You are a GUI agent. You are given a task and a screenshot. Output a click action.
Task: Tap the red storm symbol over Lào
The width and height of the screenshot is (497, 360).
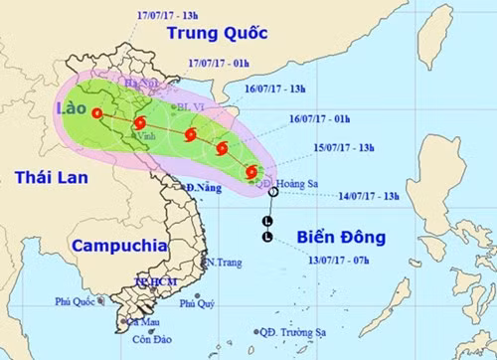(96, 112)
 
